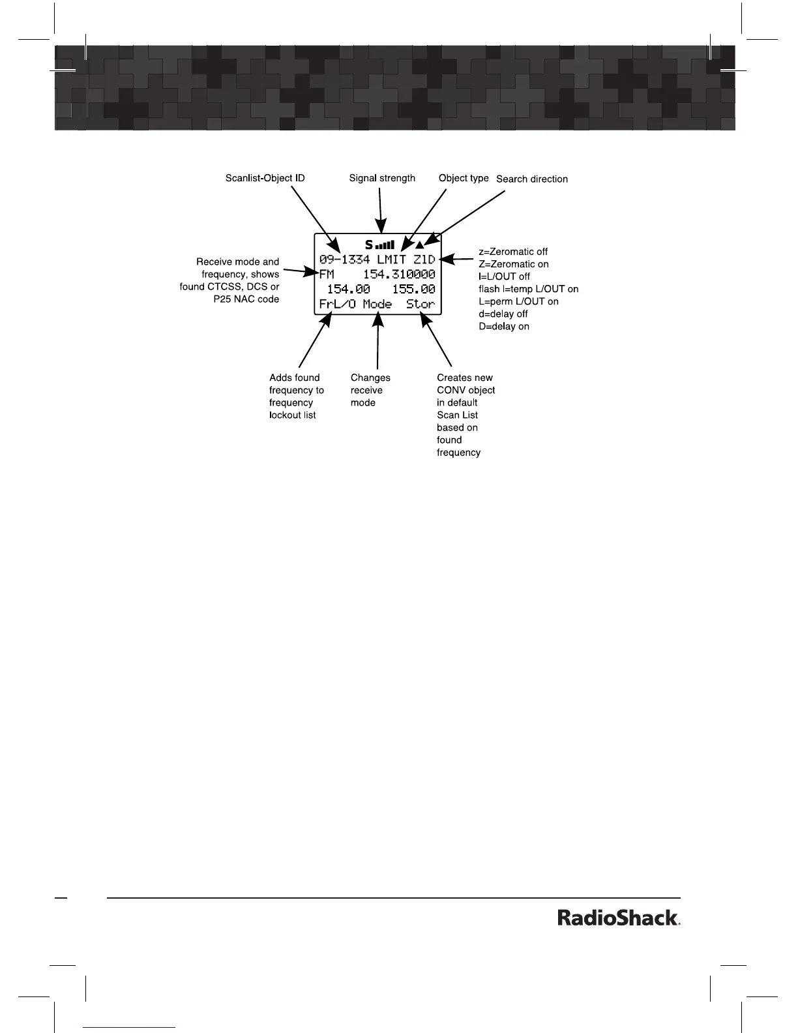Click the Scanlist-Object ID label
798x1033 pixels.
pos(265,178)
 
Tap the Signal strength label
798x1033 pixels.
pos(382,178)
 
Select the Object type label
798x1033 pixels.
pos(464,178)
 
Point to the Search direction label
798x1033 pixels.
pos(532,179)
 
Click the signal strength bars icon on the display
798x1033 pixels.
pos(385,245)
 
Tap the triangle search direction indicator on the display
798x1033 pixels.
pos(420,245)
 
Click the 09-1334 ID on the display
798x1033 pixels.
pos(344,260)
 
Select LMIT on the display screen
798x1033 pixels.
pos(391,260)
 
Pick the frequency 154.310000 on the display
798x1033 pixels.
pos(398,275)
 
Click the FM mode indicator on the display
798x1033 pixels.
pos(327,275)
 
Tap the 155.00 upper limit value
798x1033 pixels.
pos(413,290)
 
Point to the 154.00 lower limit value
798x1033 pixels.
pos(348,290)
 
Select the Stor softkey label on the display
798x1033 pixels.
pos(421,305)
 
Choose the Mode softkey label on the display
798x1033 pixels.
pos(377,305)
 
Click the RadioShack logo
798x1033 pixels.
pos(619,918)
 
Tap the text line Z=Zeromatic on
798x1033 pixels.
pos(513,264)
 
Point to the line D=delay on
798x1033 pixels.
pos(504,326)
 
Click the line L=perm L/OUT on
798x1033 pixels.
pos(518,301)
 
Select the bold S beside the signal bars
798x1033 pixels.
pos(369,245)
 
